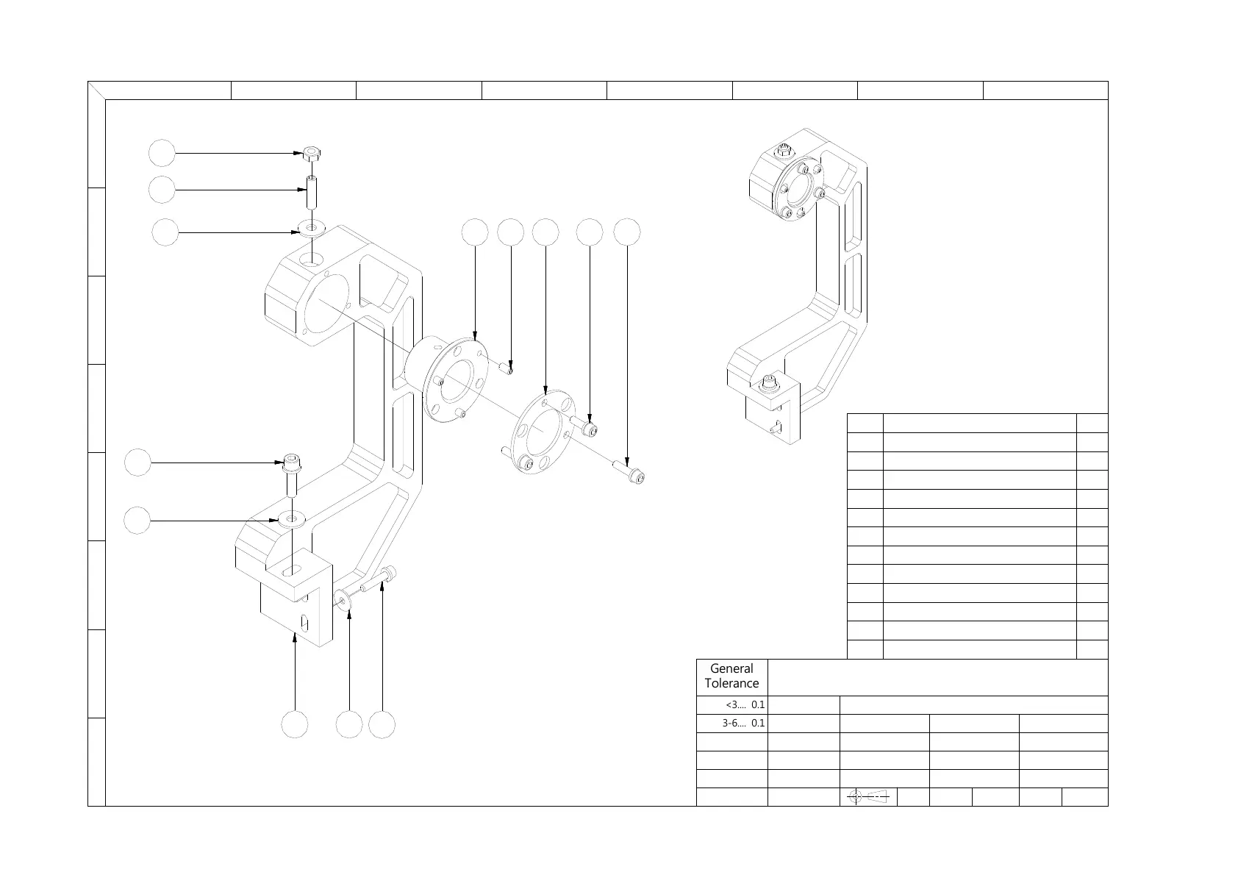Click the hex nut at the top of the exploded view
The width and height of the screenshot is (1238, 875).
[x=312, y=154]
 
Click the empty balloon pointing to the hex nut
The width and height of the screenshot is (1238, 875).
[x=162, y=154]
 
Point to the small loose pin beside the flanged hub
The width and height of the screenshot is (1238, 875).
[x=506, y=367]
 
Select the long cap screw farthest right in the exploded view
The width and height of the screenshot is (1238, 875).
[x=629, y=470]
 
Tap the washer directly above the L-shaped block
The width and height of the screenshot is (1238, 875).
[x=293, y=520]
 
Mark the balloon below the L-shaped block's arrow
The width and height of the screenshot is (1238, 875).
[x=295, y=725]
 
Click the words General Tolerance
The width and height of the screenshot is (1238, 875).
[x=731, y=676]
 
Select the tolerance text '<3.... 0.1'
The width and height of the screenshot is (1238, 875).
[x=745, y=704]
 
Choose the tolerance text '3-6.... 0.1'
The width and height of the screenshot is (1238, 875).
[x=743, y=723]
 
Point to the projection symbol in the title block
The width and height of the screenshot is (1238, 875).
[x=867, y=796]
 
